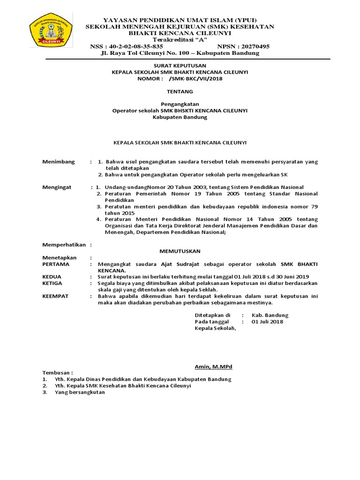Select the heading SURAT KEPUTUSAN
(x=180, y=65)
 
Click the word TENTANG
(x=180, y=91)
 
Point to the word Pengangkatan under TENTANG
(x=180, y=104)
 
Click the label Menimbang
(x=59, y=162)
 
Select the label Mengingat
(x=57, y=187)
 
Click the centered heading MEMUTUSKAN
(x=180, y=251)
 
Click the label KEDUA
(x=52, y=277)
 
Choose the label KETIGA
(x=52, y=283)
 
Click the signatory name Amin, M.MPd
(x=213, y=366)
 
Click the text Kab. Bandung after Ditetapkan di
(x=270, y=315)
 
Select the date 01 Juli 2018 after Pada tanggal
(x=267, y=322)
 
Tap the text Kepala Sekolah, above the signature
(x=216, y=328)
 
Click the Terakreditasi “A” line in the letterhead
(x=180, y=40)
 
